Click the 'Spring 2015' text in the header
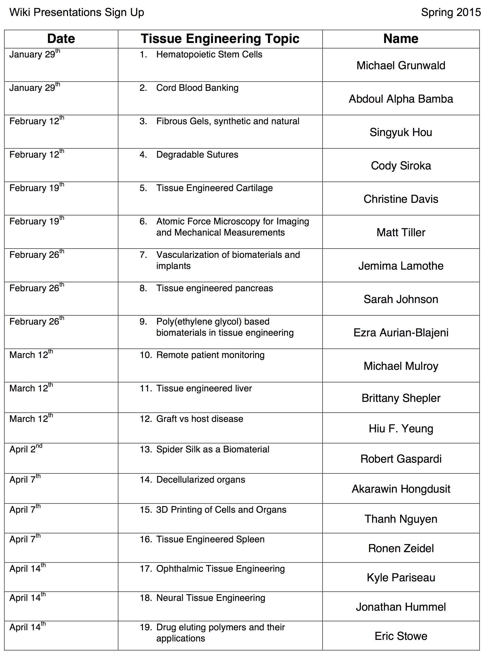click(x=450, y=12)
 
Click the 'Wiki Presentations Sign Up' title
click(x=77, y=12)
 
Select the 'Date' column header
click(x=61, y=39)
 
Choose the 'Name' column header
click(x=401, y=39)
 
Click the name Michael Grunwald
click(x=401, y=65)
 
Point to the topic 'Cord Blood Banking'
click(x=197, y=88)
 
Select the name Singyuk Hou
click(x=401, y=132)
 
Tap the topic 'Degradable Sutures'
click(x=197, y=154)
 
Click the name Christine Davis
click(x=401, y=199)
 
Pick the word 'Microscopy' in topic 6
click(x=237, y=221)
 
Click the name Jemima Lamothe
click(x=401, y=266)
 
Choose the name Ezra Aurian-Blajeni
click(x=401, y=333)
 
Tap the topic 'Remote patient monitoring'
click(x=210, y=355)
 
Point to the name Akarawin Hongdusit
click(x=401, y=489)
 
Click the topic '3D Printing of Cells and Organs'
click(x=221, y=509)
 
